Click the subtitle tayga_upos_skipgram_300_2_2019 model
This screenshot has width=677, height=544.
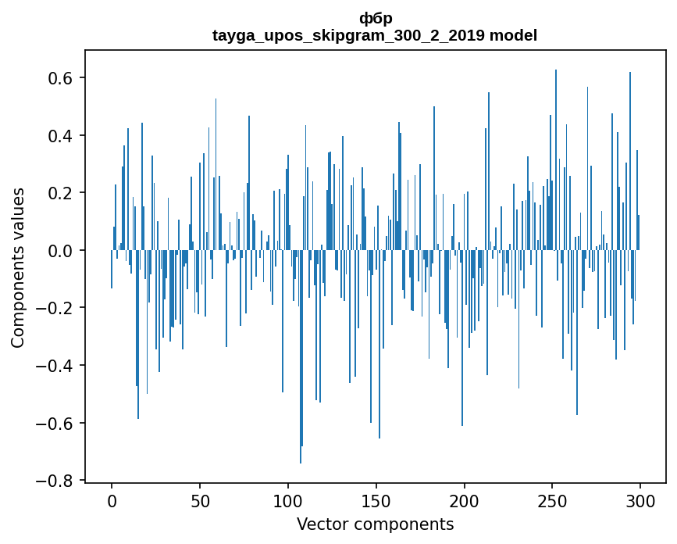375,35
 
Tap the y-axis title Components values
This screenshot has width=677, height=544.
18,267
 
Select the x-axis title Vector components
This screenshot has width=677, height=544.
375,524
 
